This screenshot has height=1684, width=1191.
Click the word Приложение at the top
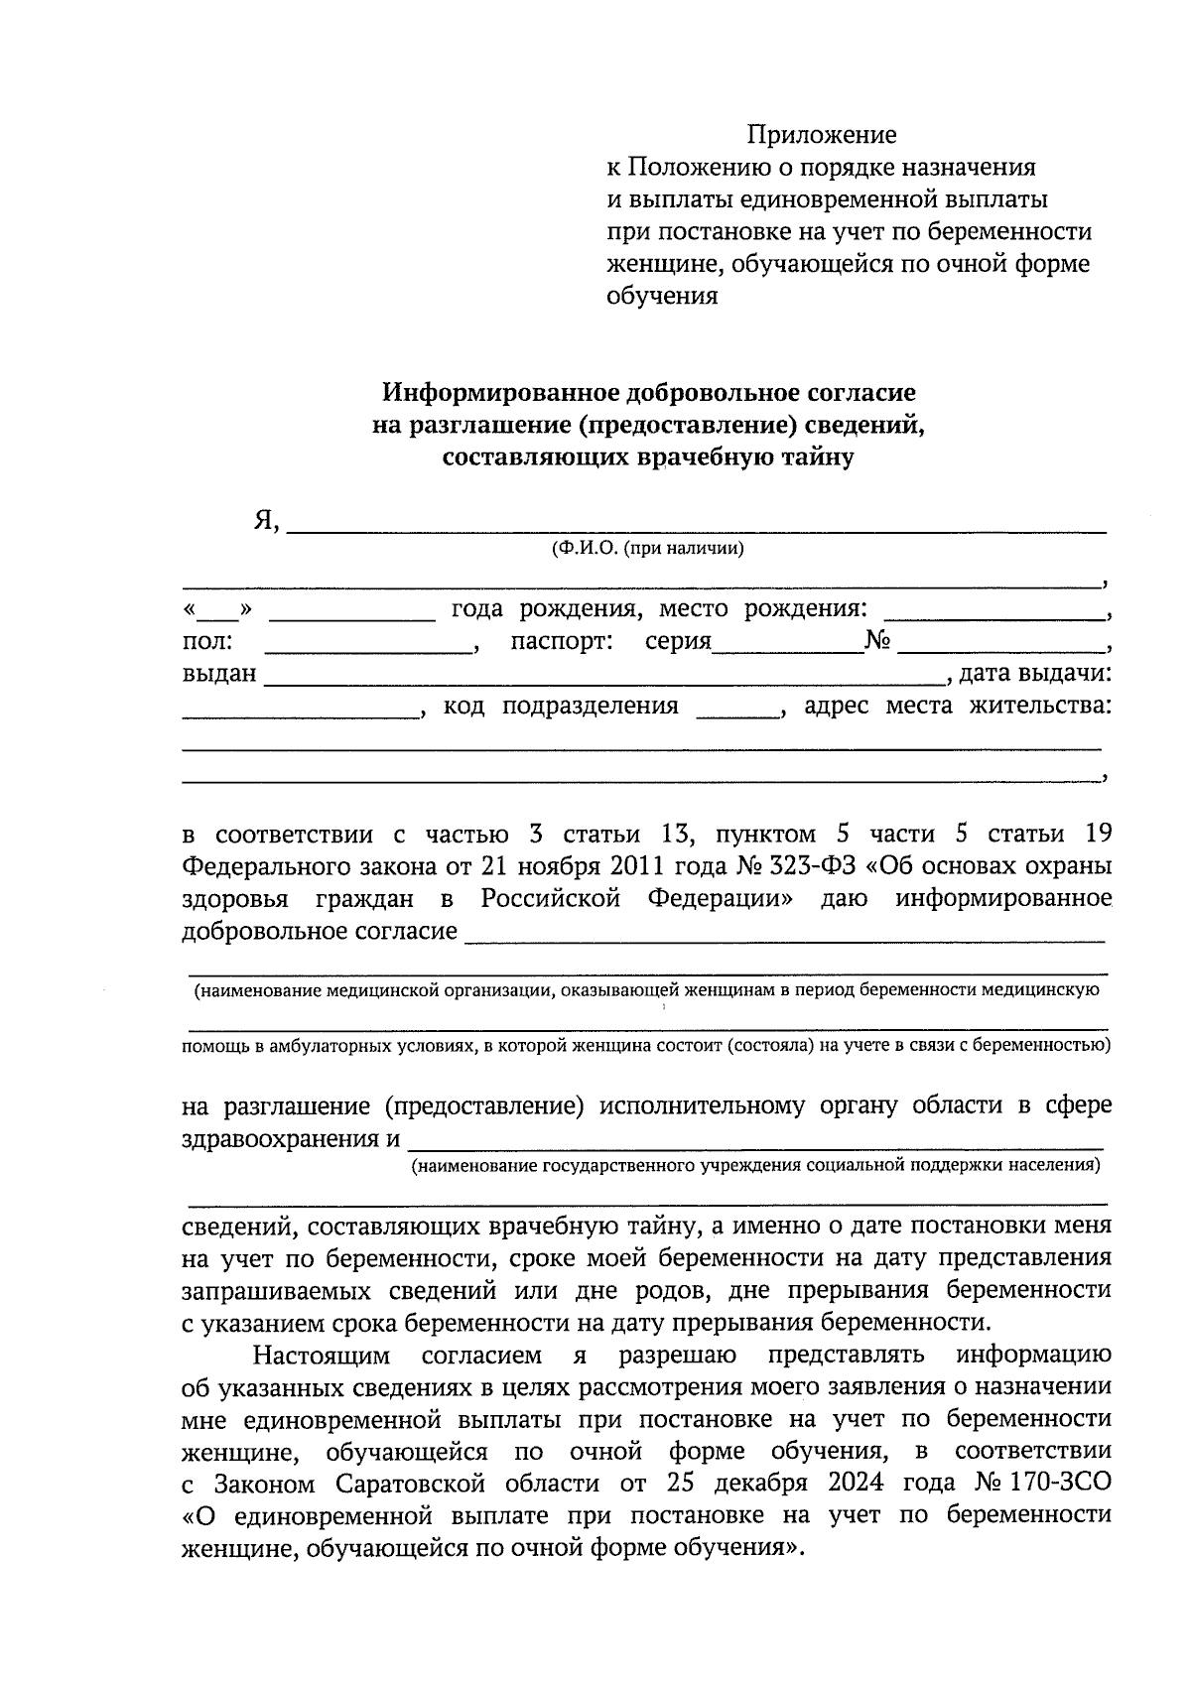pyautogui.click(x=821, y=134)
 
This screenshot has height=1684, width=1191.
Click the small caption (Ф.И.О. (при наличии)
pyautogui.click(x=647, y=549)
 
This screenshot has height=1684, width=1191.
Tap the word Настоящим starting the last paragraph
pyautogui.click(x=320, y=1356)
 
